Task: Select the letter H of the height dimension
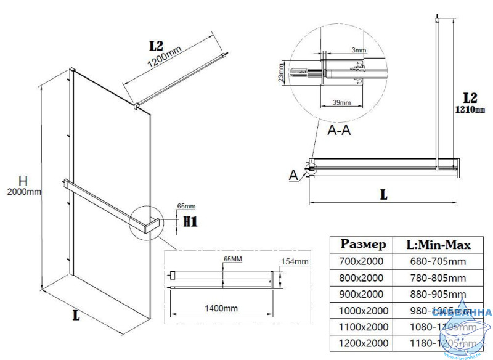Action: [x=23, y=181]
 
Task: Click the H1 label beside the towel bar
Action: [x=190, y=221]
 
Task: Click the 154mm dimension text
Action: [x=295, y=262]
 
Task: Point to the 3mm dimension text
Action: [x=357, y=49]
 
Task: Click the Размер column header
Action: [x=364, y=245]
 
